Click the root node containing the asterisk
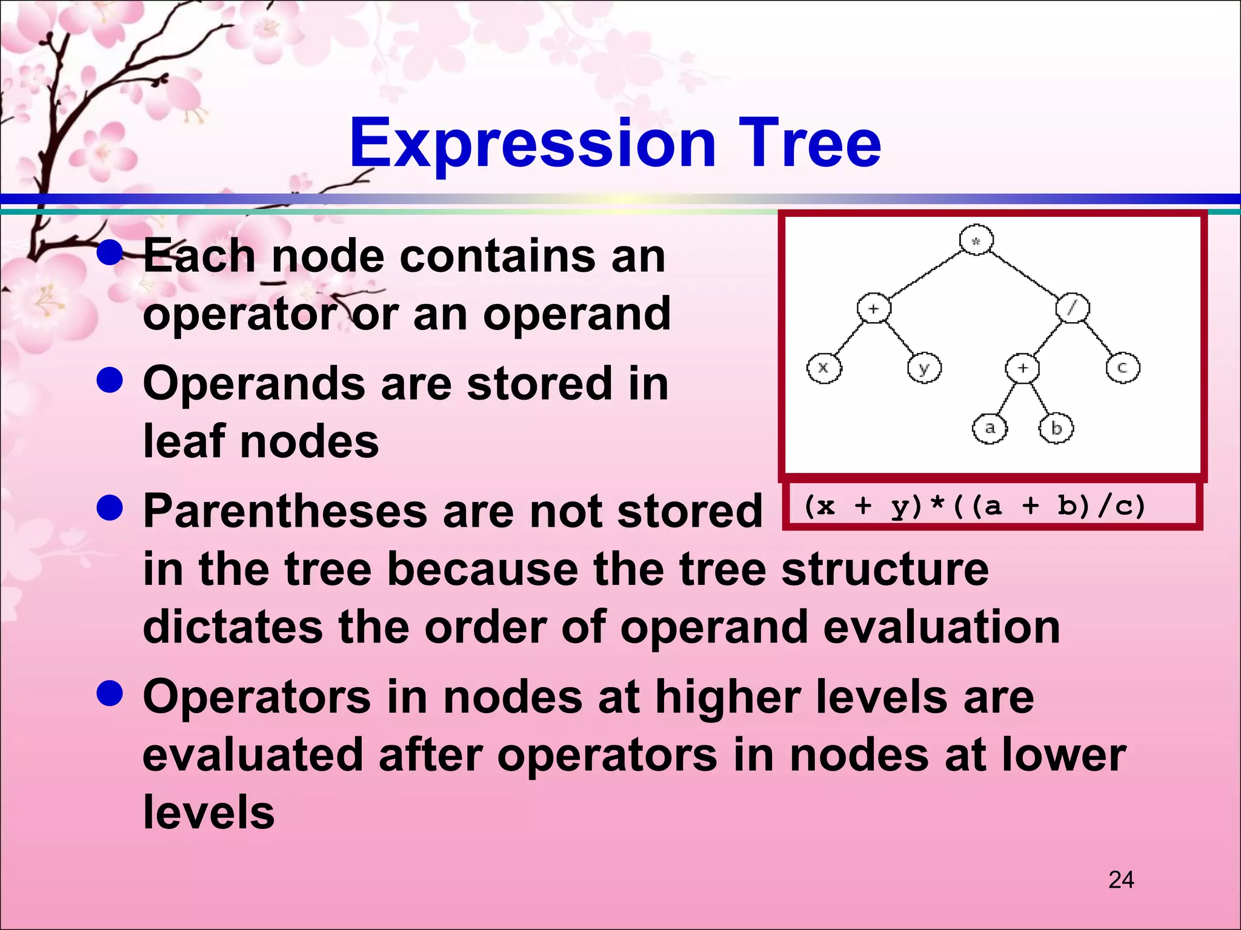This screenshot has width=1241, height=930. pyautogui.click(x=976, y=240)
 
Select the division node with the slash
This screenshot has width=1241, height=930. pyautogui.click(x=1073, y=308)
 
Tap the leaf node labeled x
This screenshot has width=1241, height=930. pyautogui.click(x=824, y=368)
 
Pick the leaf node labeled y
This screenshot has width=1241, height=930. pyautogui.click(x=925, y=368)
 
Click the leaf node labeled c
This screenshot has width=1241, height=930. pyautogui.click(x=1123, y=368)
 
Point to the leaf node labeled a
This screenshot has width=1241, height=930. pyautogui.click(x=990, y=428)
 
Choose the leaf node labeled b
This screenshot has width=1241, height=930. pyautogui.click(x=1056, y=428)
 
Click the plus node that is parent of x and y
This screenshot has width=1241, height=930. pyautogui.click(x=874, y=308)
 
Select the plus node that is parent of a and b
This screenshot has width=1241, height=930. pyautogui.click(x=1023, y=368)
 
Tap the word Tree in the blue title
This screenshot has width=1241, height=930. pyautogui.click(x=809, y=144)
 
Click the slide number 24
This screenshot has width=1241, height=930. pyautogui.click(x=1121, y=880)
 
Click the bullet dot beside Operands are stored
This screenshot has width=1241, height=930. pyautogui.click(x=110, y=381)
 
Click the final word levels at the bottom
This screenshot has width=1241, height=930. pyautogui.click(x=208, y=813)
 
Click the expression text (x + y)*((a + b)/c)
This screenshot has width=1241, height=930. pyautogui.click(x=974, y=506)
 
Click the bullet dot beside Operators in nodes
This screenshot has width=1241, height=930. pyautogui.click(x=110, y=693)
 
